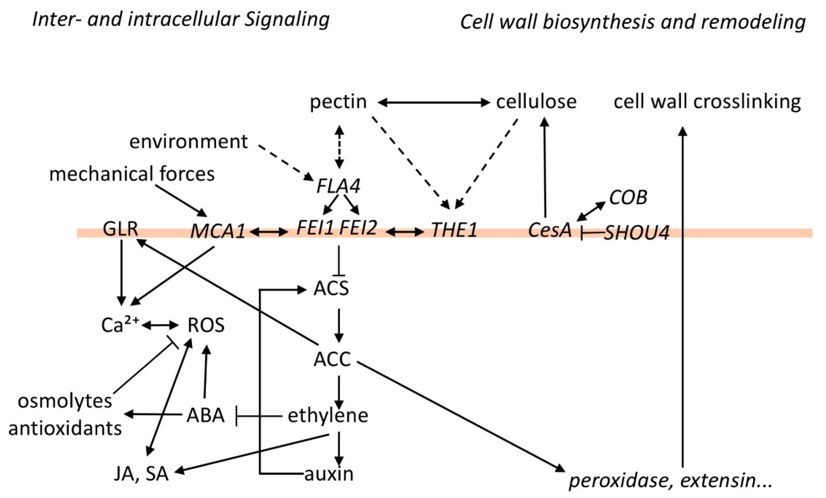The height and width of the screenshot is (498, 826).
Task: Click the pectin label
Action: click(x=338, y=102)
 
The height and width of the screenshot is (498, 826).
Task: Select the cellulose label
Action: click(x=536, y=102)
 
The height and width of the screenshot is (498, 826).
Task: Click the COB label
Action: click(x=628, y=198)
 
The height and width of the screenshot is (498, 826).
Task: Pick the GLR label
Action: click(x=120, y=229)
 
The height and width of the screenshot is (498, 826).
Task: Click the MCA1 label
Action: click(x=218, y=232)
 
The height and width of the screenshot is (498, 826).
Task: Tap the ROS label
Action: click(x=206, y=325)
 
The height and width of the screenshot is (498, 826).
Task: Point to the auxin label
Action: click(x=329, y=474)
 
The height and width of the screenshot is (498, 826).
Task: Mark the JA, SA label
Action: click(x=141, y=474)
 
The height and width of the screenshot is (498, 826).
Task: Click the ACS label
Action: click(x=331, y=289)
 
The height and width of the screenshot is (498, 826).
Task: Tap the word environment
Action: click(x=188, y=141)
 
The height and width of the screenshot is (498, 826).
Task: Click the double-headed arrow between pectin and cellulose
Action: click(x=434, y=103)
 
